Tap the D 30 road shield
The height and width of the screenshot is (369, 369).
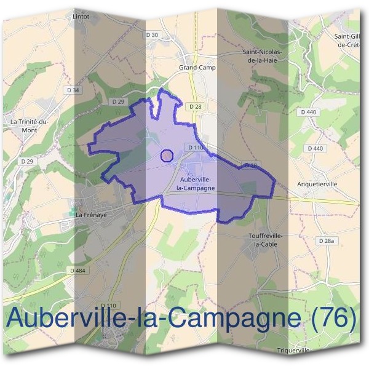(153, 34)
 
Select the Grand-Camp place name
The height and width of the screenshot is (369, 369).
(197, 68)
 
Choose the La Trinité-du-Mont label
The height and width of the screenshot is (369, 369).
(30, 125)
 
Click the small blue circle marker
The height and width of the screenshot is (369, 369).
(167, 156)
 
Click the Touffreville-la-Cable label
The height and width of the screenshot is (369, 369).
(261, 239)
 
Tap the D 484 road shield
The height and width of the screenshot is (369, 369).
(78, 271)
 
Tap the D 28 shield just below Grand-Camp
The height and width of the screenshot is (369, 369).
(196, 106)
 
